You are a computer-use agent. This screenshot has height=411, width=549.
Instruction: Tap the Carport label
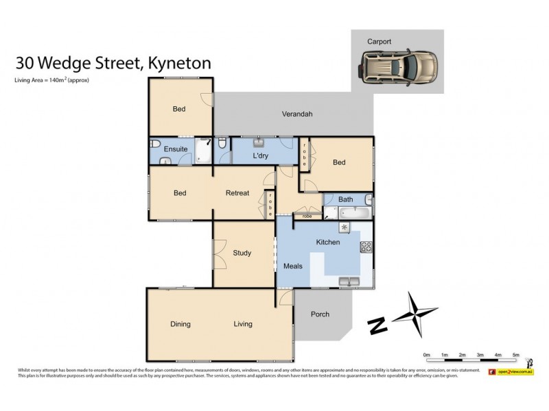(x=379, y=42)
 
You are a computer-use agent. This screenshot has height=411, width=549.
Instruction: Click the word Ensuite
(x=175, y=149)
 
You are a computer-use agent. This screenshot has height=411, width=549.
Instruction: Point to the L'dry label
(x=260, y=156)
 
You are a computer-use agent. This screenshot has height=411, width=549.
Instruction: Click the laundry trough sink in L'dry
(x=260, y=143)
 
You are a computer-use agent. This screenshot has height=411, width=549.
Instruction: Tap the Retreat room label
(x=237, y=193)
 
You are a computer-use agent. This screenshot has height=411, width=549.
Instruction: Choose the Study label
(x=242, y=253)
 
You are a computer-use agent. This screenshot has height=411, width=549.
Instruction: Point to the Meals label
(x=293, y=266)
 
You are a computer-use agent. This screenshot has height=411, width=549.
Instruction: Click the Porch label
(x=320, y=314)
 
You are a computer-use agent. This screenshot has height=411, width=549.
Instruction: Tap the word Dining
(x=180, y=324)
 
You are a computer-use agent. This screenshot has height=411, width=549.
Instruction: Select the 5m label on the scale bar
(x=516, y=355)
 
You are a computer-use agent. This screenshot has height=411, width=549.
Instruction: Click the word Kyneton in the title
(x=178, y=63)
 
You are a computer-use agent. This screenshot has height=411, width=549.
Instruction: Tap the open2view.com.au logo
(x=511, y=371)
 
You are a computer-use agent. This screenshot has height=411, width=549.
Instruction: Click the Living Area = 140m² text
(x=52, y=80)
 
